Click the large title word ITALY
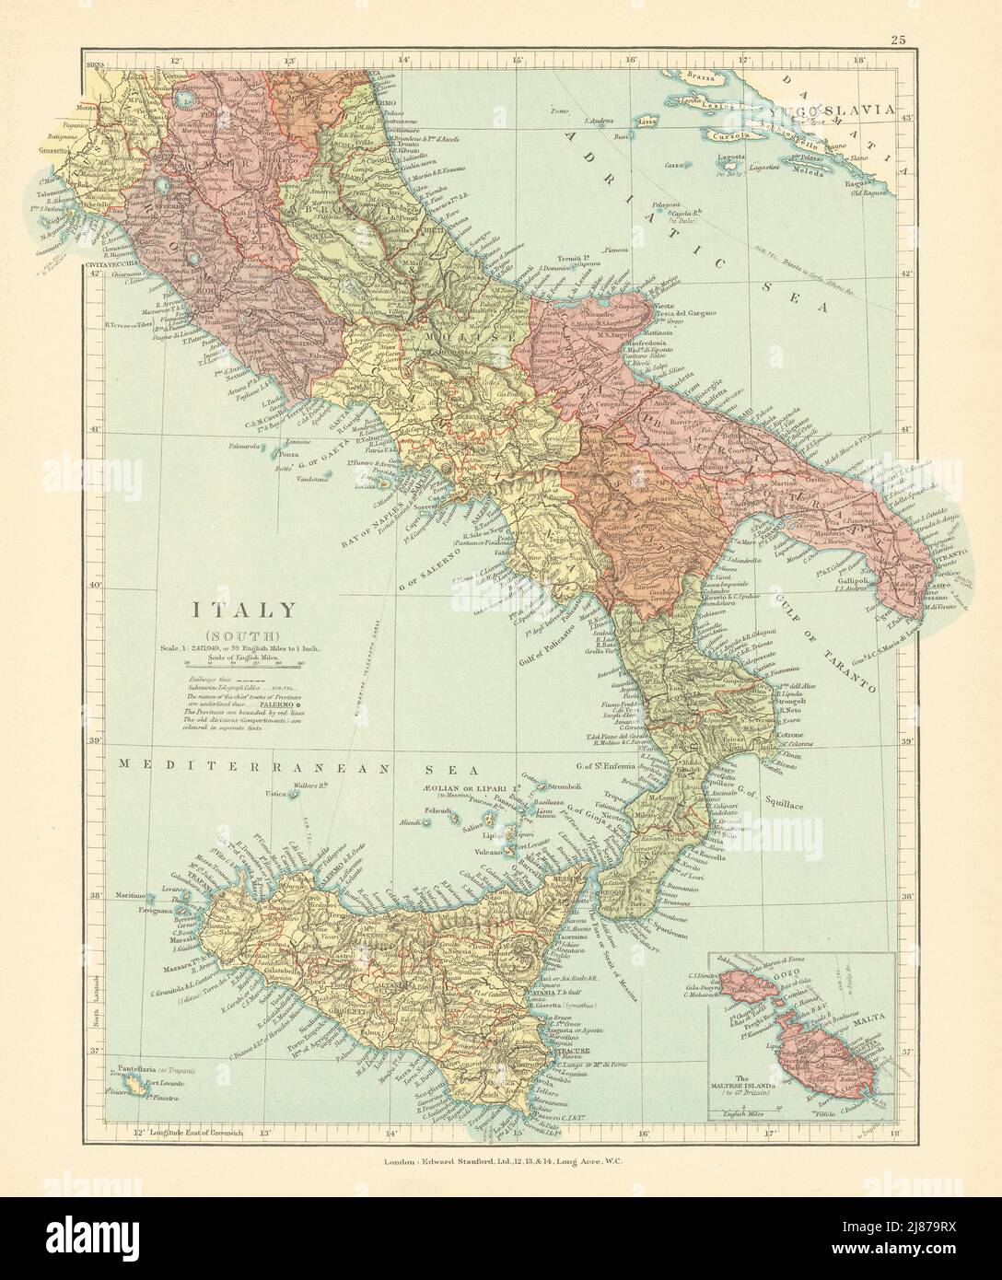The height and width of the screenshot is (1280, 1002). (x=244, y=610)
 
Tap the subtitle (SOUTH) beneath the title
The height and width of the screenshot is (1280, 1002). (x=243, y=634)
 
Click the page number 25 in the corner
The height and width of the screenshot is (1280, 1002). (x=898, y=40)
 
